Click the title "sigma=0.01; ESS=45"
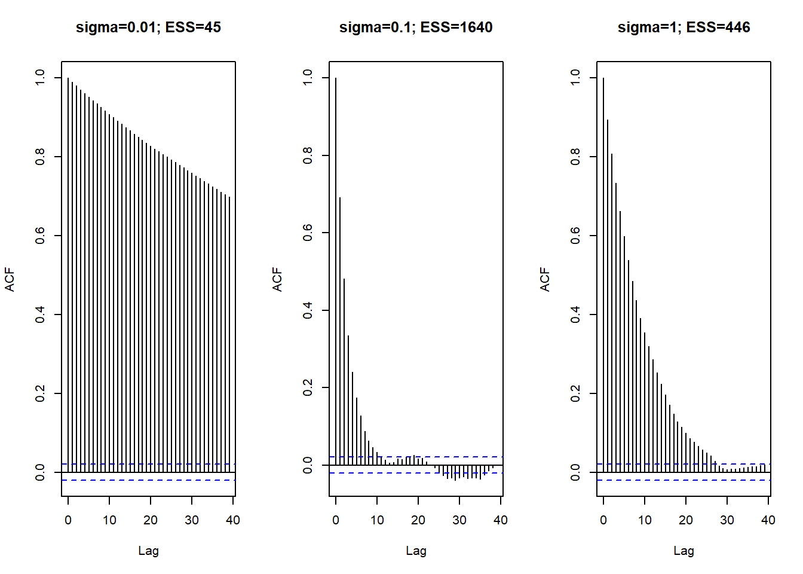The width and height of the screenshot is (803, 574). (x=148, y=28)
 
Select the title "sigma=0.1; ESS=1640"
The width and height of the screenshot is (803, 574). (x=416, y=28)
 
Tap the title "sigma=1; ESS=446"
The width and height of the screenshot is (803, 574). (x=684, y=28)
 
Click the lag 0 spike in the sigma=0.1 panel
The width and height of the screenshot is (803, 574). (x=336, y=269)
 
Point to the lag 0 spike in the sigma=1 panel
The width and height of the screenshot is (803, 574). (x=603, y=275)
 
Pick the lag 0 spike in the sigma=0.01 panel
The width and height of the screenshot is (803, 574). (x=68, y=275)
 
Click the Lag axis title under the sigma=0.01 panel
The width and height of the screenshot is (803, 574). (x=148, y=551)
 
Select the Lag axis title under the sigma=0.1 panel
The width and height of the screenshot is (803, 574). (x=416, y=551)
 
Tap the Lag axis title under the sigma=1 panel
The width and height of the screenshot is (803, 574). (x=684, y=551)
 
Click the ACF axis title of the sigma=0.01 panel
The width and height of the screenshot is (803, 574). (x=10, y=279)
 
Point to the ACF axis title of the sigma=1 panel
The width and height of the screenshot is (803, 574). (x=545, y=279)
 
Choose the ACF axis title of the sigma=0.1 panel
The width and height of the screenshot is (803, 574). (x=277, y=279)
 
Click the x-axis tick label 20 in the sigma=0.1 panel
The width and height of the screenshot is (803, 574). (x=418, y=520)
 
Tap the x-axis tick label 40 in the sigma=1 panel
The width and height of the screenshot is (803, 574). (x=768, y=520)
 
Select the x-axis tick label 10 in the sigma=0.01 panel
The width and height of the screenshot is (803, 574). (x=109, y=520)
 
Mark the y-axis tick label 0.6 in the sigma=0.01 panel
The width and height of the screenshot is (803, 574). (x=40, y=236)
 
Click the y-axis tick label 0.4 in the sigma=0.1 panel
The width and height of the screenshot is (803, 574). (x=308, y=310)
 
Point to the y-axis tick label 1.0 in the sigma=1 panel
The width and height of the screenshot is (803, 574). (x=575, y=78)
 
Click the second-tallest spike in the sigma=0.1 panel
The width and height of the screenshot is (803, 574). (x=340, y=329)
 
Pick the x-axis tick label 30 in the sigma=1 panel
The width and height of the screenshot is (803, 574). (x=727, y=520)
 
